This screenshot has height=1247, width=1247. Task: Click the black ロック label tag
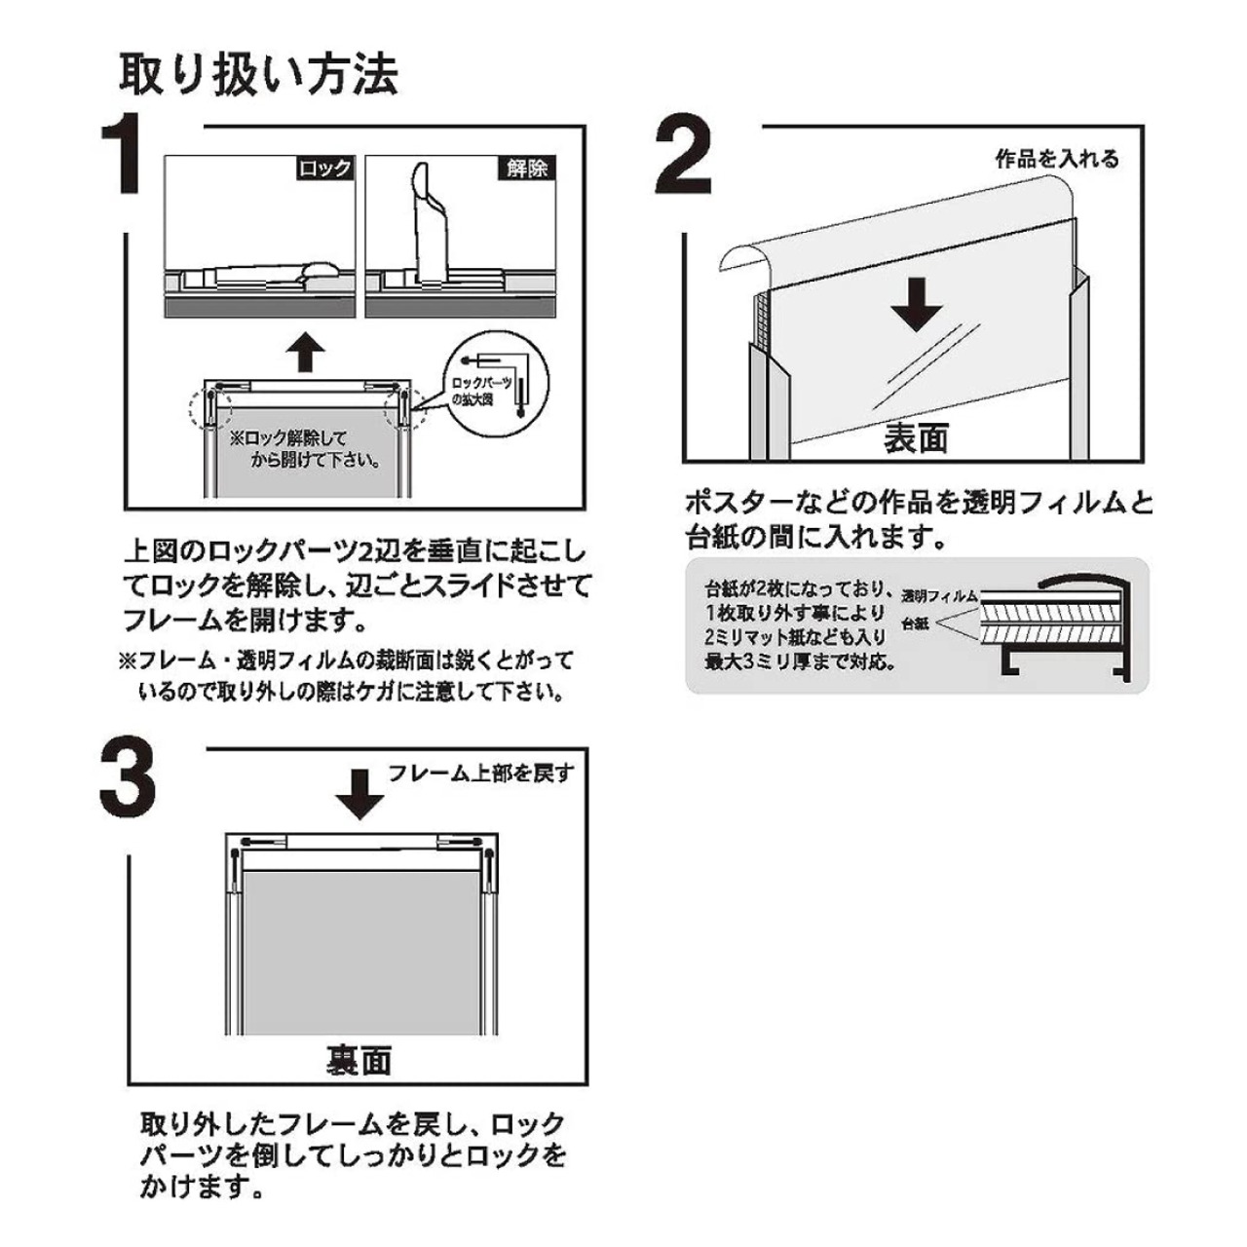(324, 169)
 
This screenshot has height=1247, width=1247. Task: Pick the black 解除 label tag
(527, 169)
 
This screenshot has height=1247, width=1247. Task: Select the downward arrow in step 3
(360, 795)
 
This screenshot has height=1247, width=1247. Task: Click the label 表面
(917, 438)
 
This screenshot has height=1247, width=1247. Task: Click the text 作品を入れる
(1057, 160)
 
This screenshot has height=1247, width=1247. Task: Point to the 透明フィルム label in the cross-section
(939, 596)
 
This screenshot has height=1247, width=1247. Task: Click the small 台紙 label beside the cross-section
(917, 623)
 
